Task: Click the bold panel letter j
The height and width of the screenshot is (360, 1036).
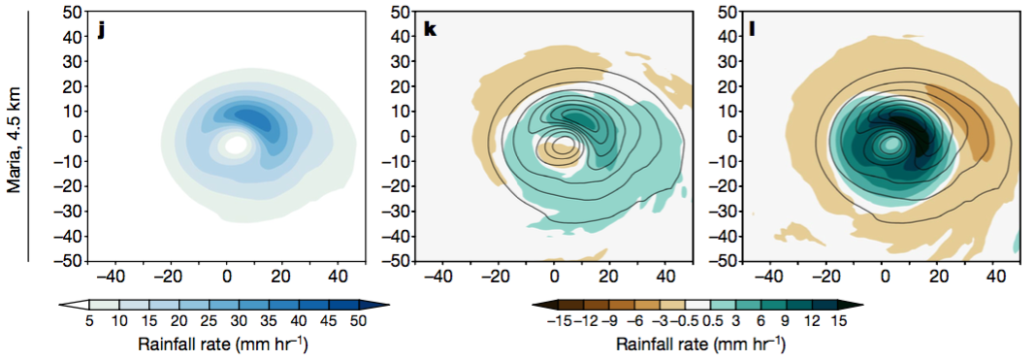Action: click(x=99, y=30)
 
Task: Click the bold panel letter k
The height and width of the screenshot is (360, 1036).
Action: click(x=430, y=30)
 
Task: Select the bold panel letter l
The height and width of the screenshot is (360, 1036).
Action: click(x=754, y=30)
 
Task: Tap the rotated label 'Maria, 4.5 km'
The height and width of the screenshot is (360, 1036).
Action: click(x=15, y=136)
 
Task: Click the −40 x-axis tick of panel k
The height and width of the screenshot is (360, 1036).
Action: click(x=441, y=276)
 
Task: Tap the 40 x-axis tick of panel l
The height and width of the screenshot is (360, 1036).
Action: click(x=996, y=276)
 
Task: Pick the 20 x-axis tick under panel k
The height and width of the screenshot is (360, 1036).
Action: click(x=609, y=276)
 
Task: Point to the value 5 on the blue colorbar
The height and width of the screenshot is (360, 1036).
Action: click(x=88, y=320)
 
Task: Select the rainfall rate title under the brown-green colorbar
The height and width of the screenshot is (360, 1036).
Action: click(x=699, y=343)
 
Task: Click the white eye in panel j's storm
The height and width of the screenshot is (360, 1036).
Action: click(x=236, y=145)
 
